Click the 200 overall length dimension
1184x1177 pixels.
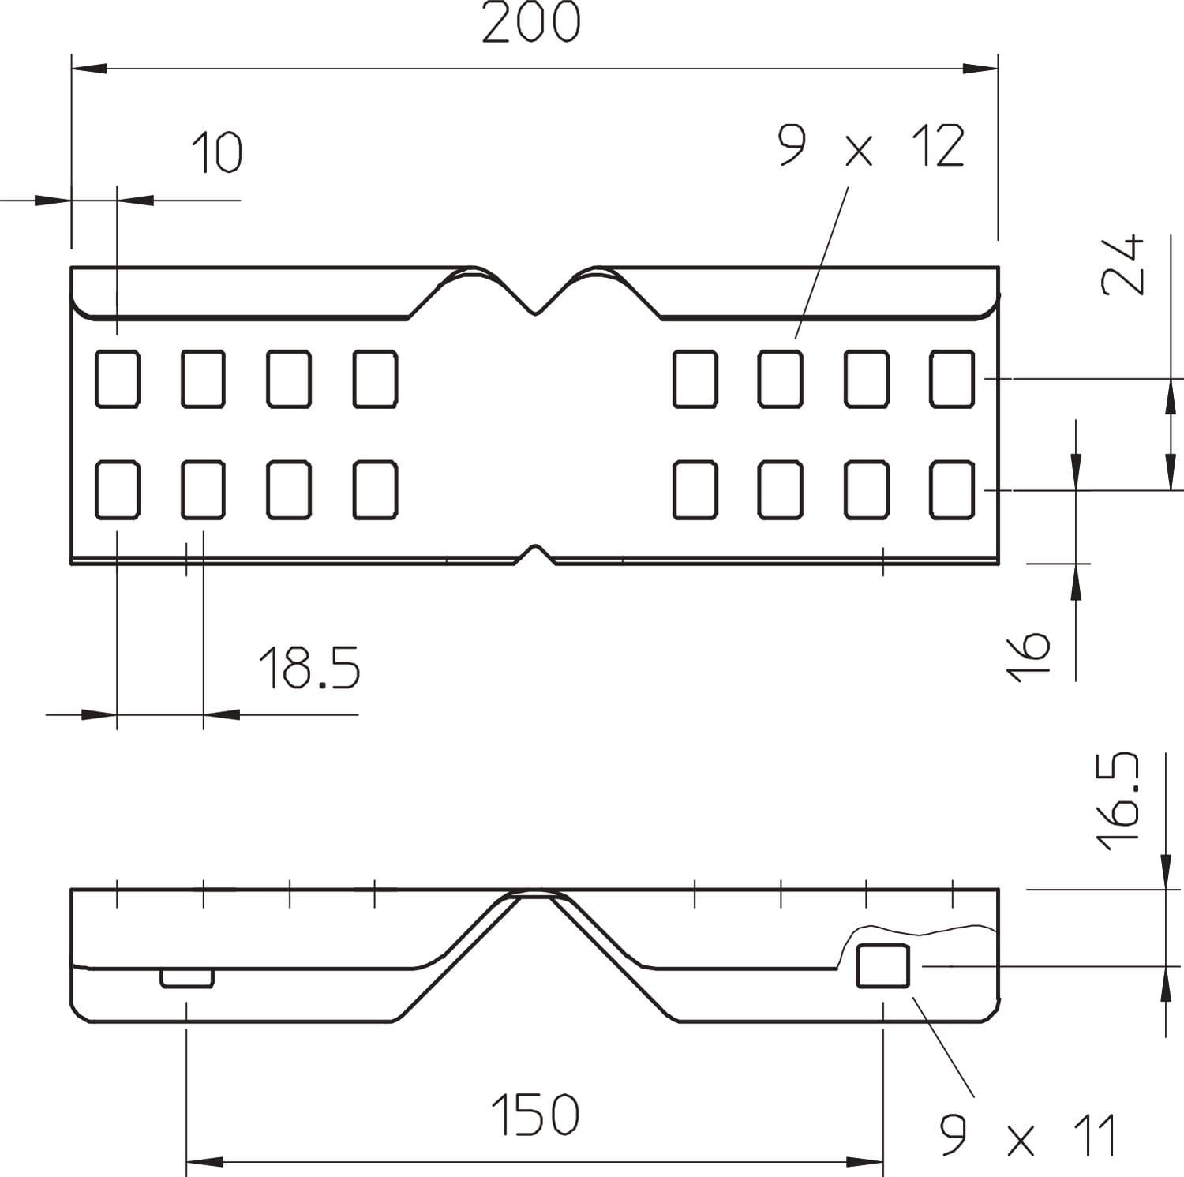[x=530, y=22]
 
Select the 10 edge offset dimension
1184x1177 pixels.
[x=217, y=152]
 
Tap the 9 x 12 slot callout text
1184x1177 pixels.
[x=871, y=147]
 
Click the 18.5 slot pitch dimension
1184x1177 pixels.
[x=309, y=668]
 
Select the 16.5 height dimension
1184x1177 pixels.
[x=1119, y=800]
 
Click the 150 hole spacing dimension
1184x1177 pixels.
[x=535, y=1115]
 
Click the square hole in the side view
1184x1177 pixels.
[x=882, y=965]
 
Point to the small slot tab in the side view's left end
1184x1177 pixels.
[x=187, y=978]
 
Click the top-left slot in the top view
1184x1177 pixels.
[x=118, y=379]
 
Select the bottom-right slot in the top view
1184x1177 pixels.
[x=952, y=490]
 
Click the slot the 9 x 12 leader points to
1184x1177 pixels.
[x=781, y=379]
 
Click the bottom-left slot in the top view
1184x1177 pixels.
[x=118, y=490]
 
